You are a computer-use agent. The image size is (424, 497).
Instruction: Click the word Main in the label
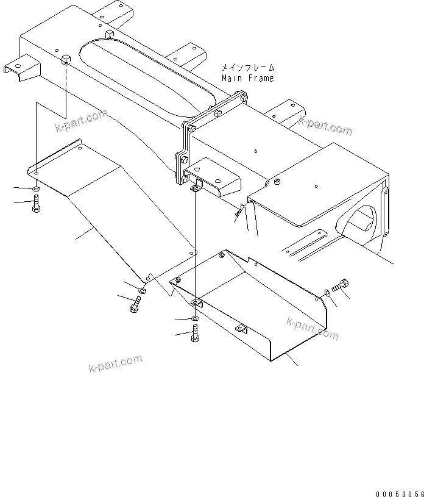click(232, 79)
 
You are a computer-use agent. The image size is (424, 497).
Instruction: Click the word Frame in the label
click(261, 79)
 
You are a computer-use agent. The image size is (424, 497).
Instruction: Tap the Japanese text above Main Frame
click(248, 69)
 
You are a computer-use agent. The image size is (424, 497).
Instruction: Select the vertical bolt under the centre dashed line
click(195, 334)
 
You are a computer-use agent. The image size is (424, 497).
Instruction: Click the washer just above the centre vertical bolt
click(194, 319)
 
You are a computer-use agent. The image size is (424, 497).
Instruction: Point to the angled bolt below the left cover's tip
click(135, 307)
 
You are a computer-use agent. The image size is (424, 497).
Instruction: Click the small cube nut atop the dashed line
click(65, 58)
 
